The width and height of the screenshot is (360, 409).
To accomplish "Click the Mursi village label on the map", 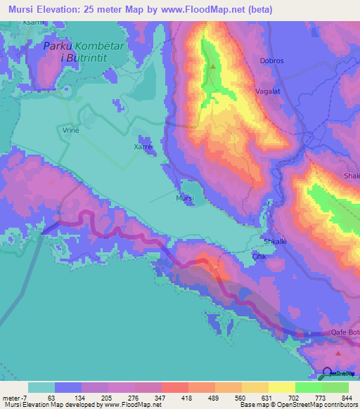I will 184,199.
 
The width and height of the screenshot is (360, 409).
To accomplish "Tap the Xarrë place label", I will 143,147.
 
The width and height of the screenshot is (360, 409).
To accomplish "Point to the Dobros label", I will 271,61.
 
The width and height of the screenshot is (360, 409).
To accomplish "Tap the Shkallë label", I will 274,241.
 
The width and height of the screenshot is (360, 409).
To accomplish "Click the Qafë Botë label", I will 345,332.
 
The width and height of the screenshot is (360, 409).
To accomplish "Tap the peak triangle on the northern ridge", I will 213,67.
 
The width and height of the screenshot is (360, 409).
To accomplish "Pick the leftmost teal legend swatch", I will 41,387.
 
